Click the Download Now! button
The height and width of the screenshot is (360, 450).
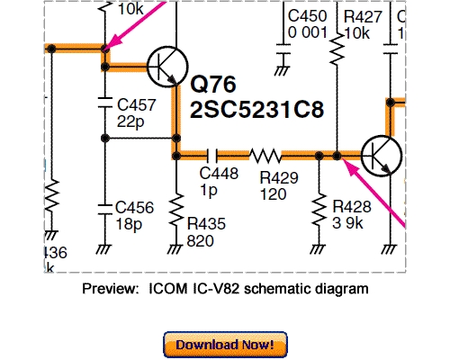[x=224, y=345]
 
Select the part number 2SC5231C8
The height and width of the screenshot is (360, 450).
[x=256, y=110]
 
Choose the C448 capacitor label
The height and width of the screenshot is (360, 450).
[x=217, y=173]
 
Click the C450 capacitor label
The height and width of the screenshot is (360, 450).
[x=306, y=17]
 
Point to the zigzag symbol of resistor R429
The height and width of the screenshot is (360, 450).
[x=266, y=155]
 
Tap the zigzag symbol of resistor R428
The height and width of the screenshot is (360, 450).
[x=319, y=210]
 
